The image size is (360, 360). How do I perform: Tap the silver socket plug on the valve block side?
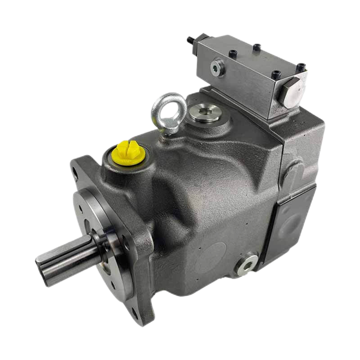click(x=216, y=67)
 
